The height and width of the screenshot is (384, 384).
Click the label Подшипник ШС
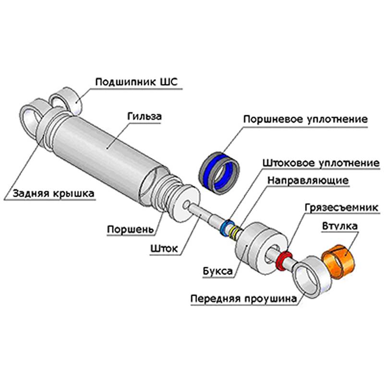click(136, 82)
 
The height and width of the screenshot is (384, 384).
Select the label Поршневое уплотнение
click(305, 119)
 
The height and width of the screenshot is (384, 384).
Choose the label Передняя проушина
click(242, 299)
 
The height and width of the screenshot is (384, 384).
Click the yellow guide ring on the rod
click(234, 232)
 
